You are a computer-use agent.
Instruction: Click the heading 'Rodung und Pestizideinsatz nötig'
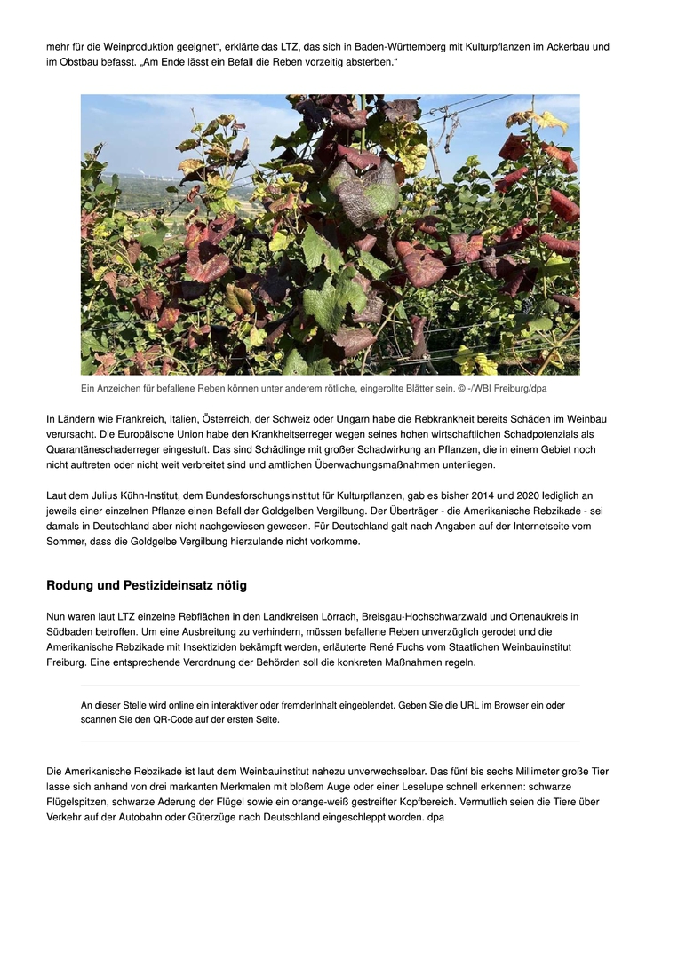point(147,585)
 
